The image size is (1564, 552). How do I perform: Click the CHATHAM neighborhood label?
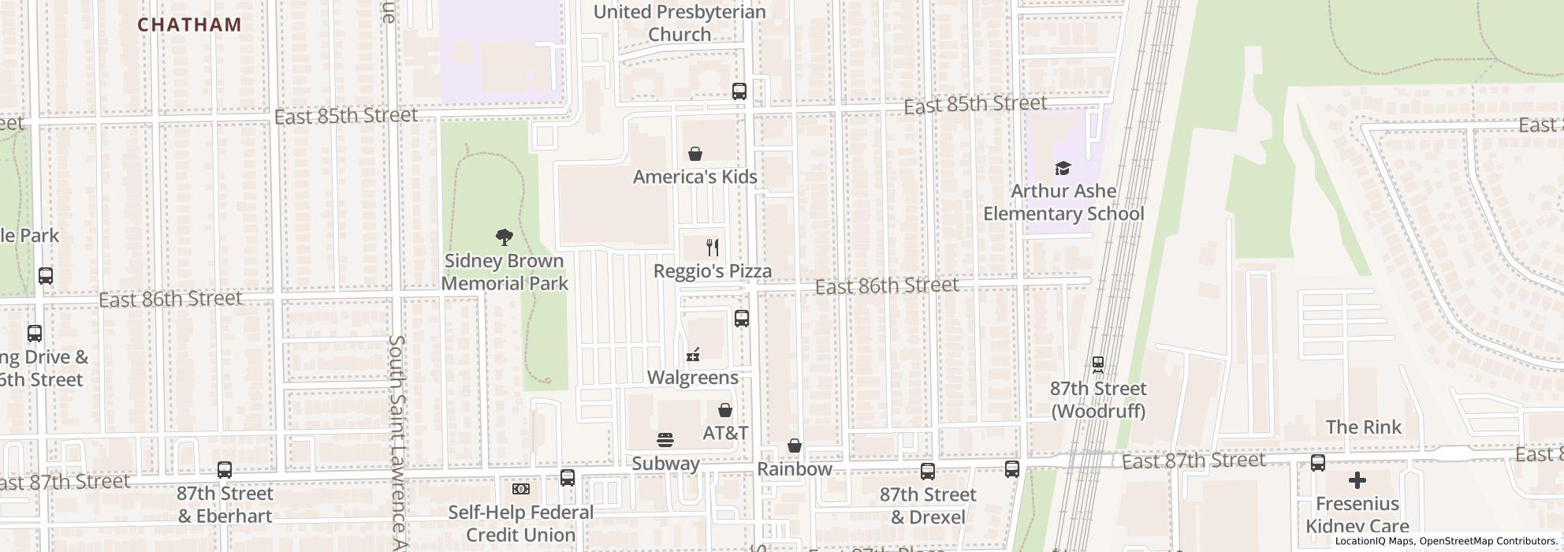(189, 24)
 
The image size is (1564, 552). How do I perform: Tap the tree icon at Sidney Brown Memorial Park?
(505, 237)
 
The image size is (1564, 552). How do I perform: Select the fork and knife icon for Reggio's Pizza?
(713, 248)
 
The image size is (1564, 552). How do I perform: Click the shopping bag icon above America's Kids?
(695, 153)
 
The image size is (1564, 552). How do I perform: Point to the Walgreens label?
(692, 378)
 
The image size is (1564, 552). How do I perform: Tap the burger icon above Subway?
(665, 440)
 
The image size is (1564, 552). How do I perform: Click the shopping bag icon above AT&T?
(725, 410)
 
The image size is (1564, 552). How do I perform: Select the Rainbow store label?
(794, 469)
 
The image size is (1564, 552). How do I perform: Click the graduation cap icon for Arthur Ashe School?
(1063, 168)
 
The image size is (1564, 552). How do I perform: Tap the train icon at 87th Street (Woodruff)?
(1097, 364)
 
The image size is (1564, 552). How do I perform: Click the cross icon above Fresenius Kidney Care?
(1357, 479)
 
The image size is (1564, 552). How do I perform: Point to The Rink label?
(1363, 427)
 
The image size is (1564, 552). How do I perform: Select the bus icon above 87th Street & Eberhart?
(225, 471)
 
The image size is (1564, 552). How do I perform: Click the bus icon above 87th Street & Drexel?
(928, 472)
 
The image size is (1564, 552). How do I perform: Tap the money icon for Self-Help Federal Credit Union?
(520, 489)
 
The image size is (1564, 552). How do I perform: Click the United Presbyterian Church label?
(679, 23)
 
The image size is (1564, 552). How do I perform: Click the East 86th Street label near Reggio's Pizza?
(886, 285)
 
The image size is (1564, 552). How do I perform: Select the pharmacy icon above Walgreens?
(693, 355)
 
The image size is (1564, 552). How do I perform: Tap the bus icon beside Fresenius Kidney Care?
(1317, 463)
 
